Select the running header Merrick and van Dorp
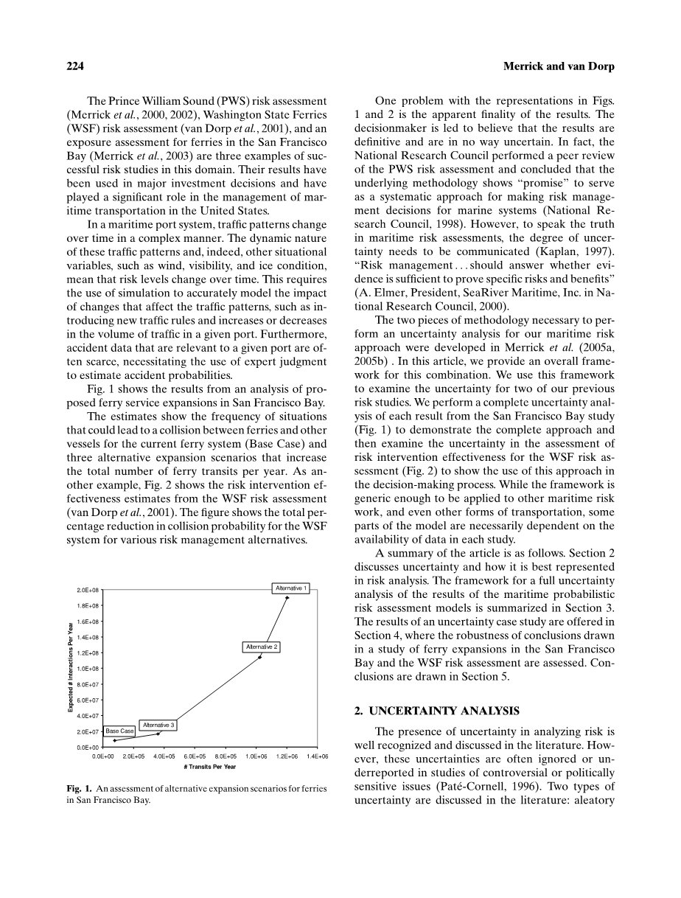pos(559,66)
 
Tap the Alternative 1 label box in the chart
pos(291,588)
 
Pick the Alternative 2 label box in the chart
pos(262,647)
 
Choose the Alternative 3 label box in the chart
pos(158,725)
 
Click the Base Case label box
pos(119,731)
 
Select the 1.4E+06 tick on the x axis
pos(318,756)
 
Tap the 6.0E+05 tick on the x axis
pos(195,756)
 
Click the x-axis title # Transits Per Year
pos(210,767)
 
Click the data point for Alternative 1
pos(286,598)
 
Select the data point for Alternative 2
pos(259,657)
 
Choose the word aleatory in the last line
pos(592,799)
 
